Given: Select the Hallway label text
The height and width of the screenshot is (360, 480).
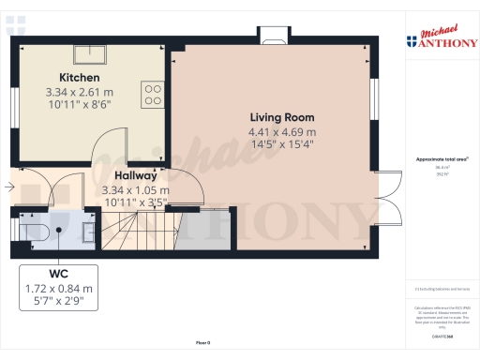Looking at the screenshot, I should click(135, 175).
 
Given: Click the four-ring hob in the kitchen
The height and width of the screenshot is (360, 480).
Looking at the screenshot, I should click(153, 92).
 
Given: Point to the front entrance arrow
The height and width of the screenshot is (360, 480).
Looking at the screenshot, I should click(8, 187).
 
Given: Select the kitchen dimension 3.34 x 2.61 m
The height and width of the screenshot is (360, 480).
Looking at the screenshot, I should click(80, 92).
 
